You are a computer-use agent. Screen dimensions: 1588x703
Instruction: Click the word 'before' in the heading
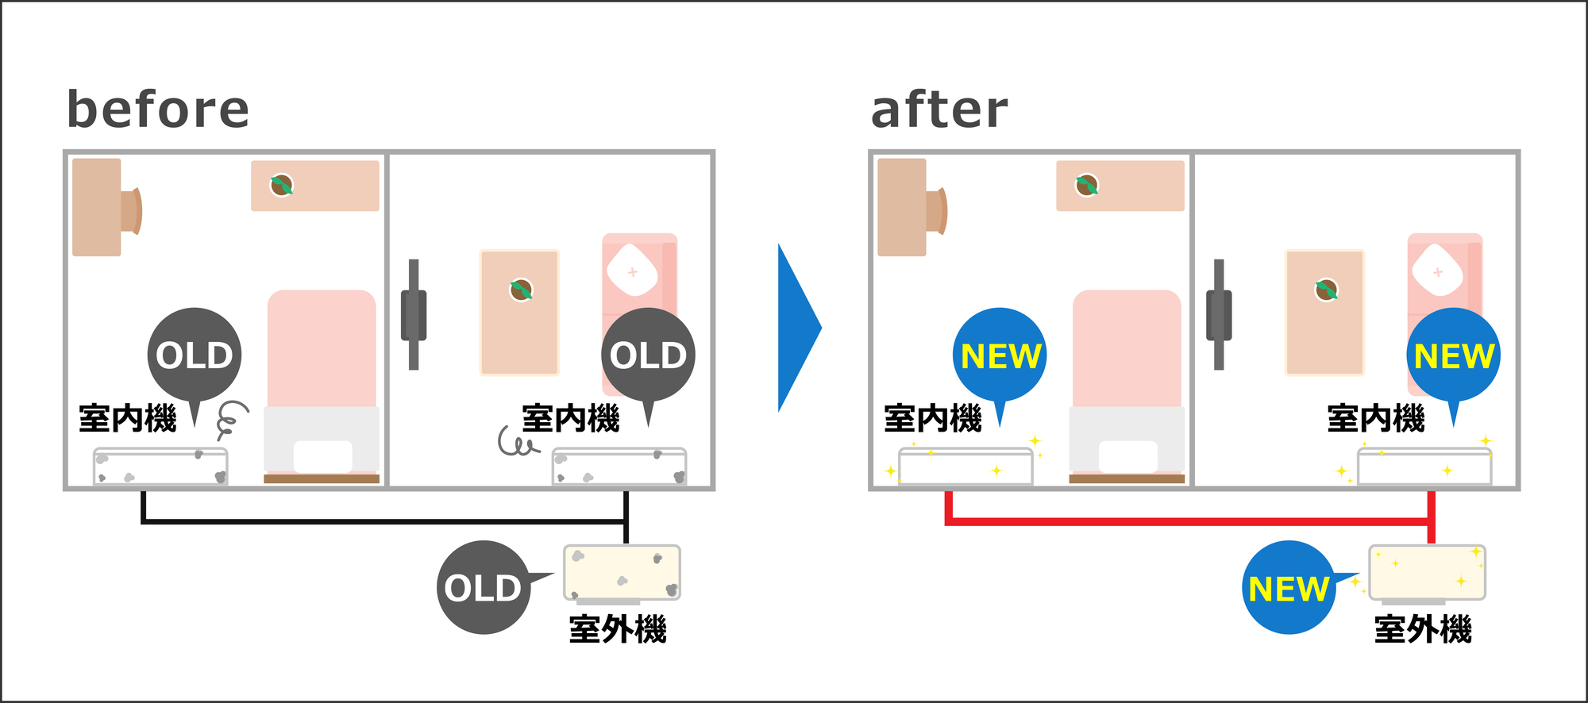click(158, 109)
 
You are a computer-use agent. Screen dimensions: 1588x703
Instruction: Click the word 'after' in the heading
click(939, 109)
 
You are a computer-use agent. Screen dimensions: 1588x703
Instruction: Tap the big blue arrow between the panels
click(800, 328)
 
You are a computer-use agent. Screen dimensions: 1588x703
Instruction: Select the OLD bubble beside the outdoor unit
click(486, 587)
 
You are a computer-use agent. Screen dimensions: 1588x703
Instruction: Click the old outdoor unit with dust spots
click(622, 574)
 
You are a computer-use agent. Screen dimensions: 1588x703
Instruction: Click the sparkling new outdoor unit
click(1427, 574)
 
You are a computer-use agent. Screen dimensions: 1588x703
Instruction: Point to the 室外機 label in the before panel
click(618, 629)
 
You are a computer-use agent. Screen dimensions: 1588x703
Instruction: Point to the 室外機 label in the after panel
click(1423, 629)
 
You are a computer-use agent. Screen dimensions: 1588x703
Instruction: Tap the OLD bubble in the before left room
click(195, 357)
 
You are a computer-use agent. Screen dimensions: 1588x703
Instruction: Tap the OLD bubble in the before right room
click(648, 357)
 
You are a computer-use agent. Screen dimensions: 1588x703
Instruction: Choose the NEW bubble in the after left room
click(1000, 357)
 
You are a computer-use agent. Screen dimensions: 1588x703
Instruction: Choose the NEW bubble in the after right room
click(1453, 357)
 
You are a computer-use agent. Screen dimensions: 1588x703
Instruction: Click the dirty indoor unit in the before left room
click(160, 467)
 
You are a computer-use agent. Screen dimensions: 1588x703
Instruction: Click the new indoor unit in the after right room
click(1424, 467)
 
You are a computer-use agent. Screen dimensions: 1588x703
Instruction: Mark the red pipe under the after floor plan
click(1188, 521)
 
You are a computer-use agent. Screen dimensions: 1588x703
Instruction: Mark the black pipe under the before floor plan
click(384, 521)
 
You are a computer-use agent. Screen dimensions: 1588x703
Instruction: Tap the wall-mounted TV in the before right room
click(414, 314)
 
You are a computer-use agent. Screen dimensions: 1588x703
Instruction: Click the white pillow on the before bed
click(322, 457)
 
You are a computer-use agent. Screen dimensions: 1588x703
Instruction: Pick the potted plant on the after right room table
click(1326, 290)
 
